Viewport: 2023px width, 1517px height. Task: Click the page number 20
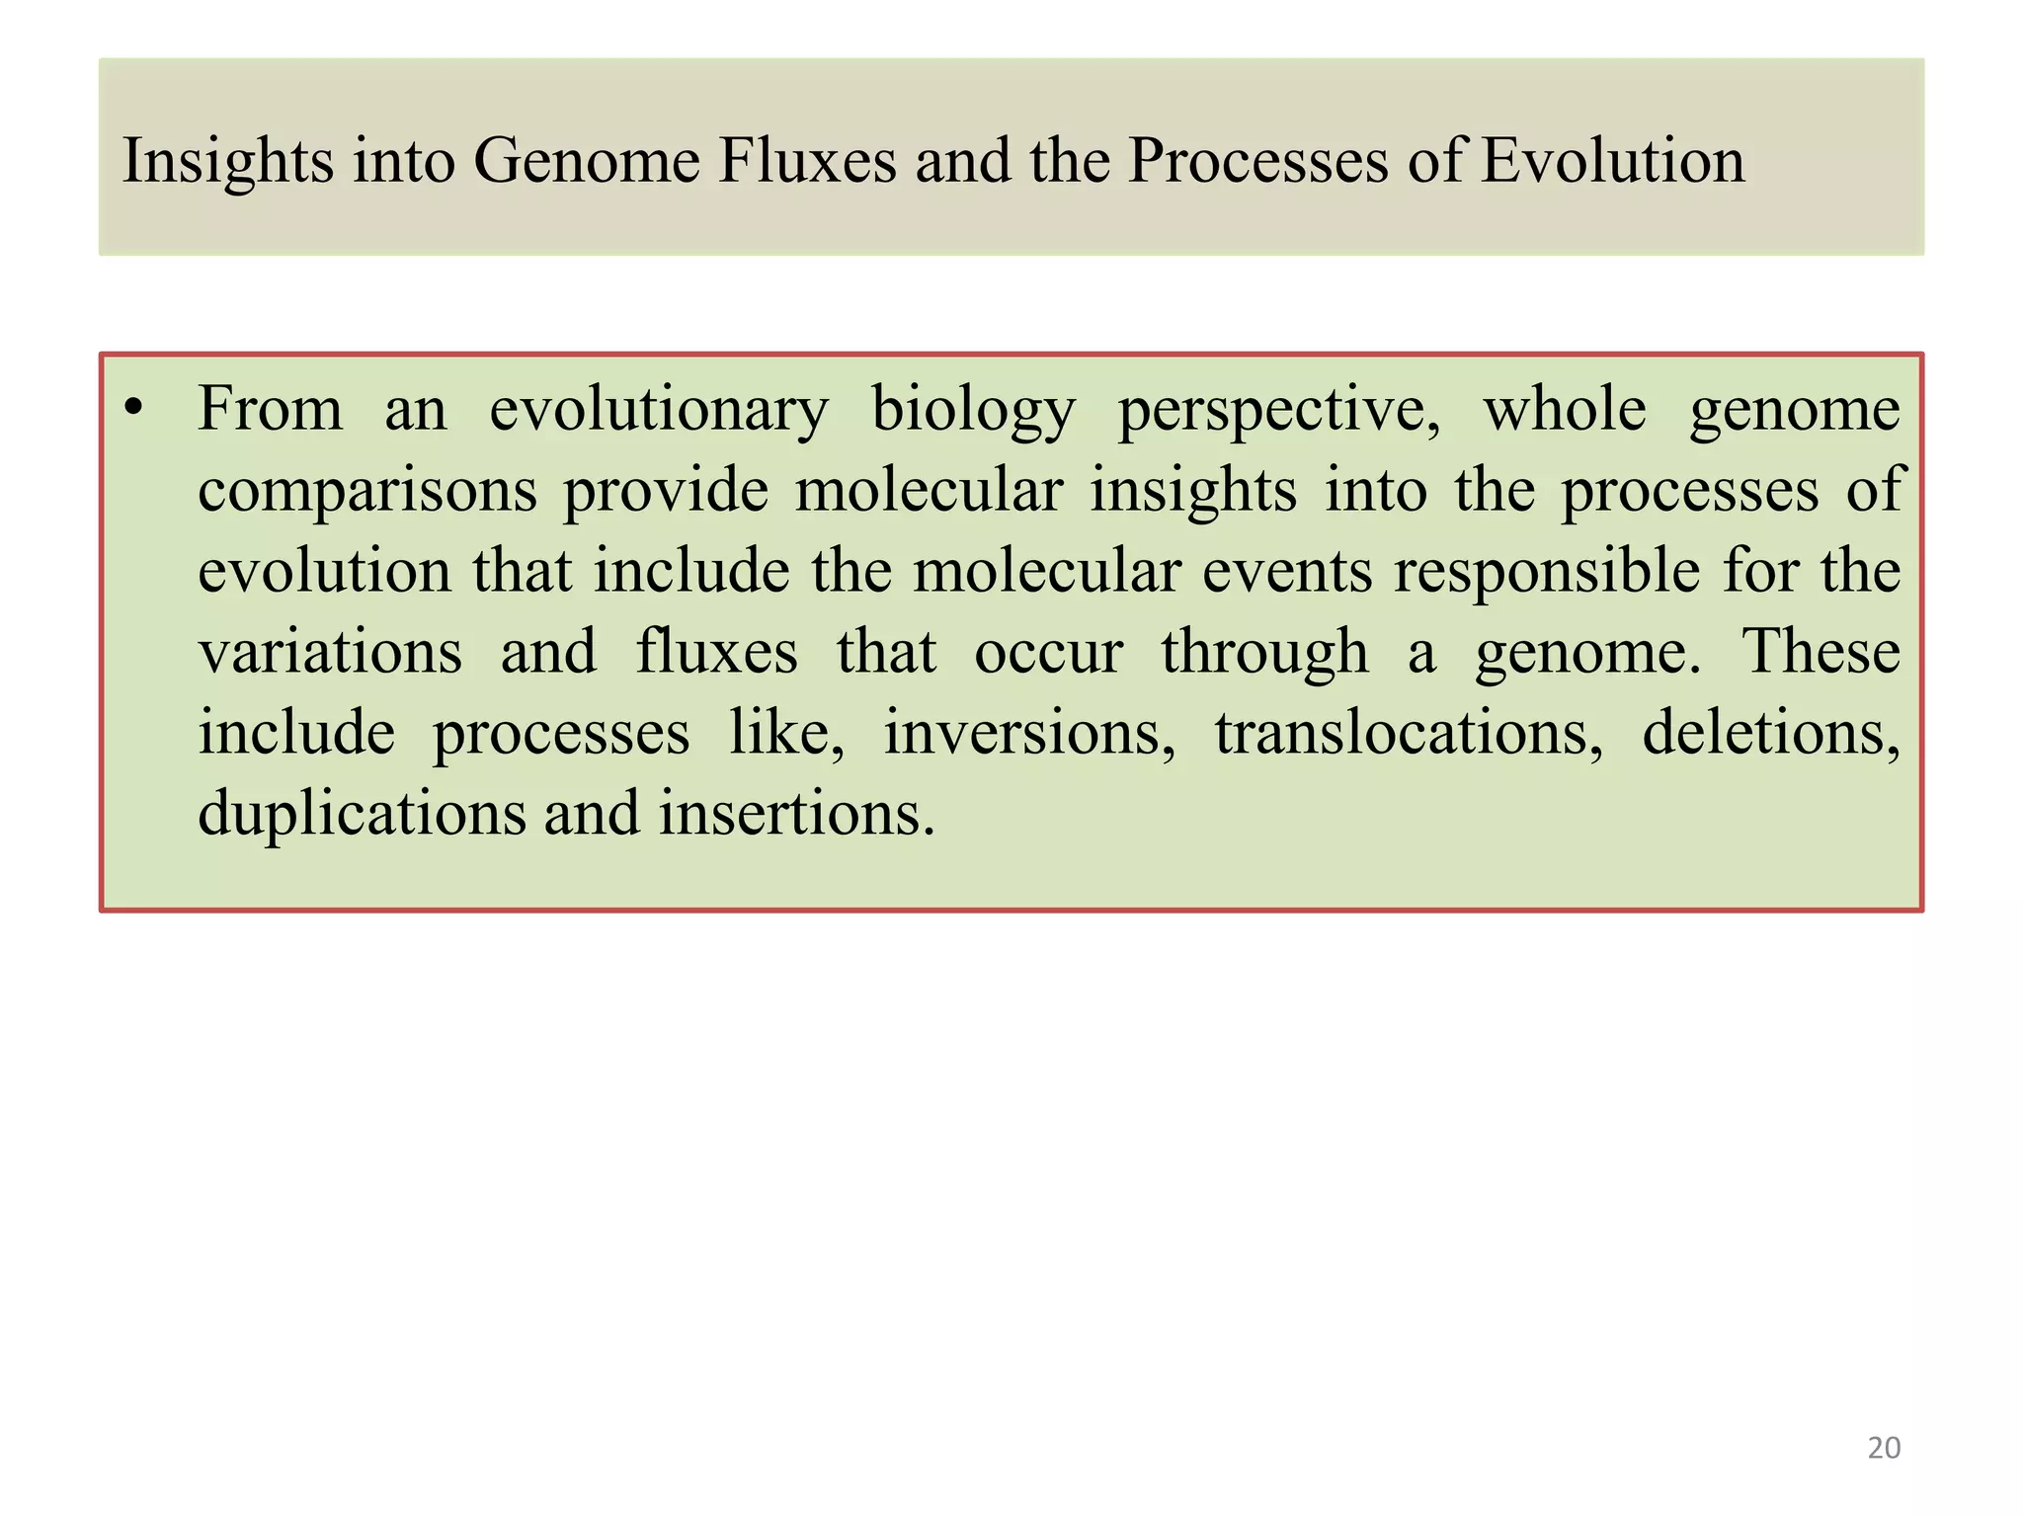click(1884, 1448)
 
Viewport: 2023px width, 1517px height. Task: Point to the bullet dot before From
click(135, 409)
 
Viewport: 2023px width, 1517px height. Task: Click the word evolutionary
click(658, 411)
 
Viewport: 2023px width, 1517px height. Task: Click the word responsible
click(1547, 573)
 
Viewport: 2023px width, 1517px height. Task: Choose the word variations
click(330, 653)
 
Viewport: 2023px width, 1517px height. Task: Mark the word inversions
click(1028, 734)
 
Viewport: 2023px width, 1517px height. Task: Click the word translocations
click(1409, 734)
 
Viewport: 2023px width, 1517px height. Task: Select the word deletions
click(1770, 734)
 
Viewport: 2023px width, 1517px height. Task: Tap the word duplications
click(363, 815)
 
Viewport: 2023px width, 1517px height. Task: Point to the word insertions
click(796, 815)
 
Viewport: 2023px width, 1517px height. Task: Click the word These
click(1821, 653)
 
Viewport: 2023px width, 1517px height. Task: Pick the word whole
click(1565, 409)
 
